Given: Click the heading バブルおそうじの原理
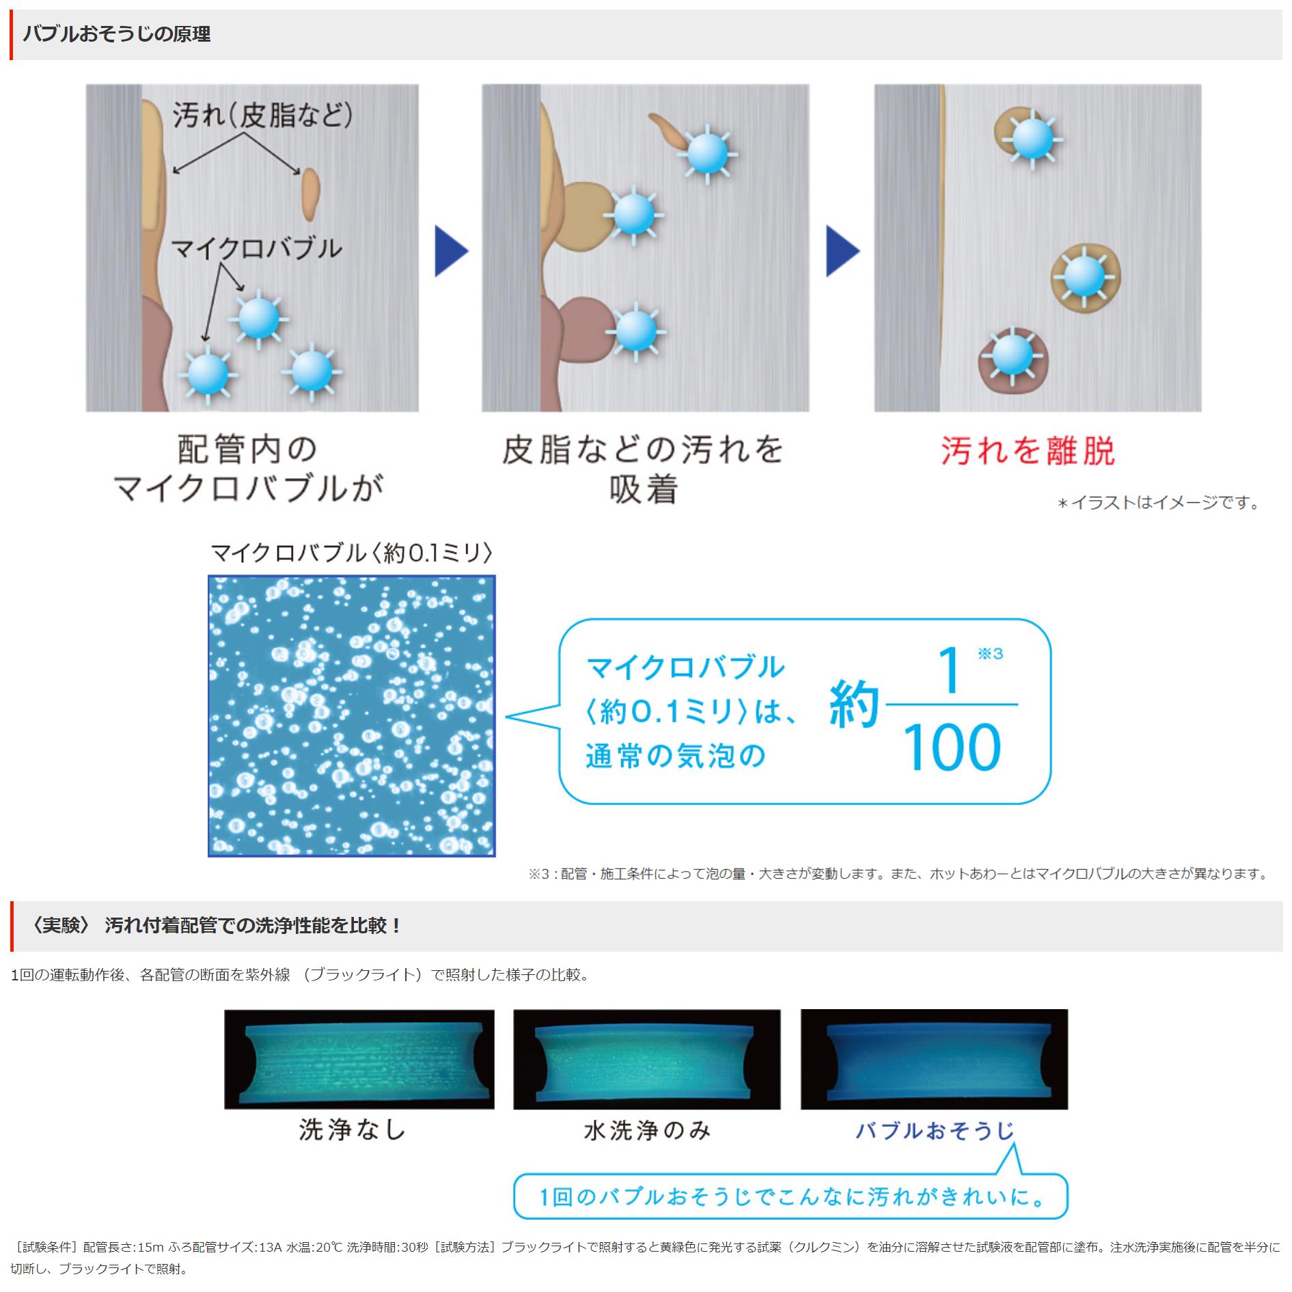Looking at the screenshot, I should (117, 34).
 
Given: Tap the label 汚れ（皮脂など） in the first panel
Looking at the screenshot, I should (262, 115).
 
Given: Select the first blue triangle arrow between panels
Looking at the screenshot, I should (450, 251).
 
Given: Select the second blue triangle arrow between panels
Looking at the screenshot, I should (842, 251).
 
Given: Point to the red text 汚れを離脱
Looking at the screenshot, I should (1028, 451).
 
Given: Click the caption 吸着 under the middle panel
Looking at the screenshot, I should (644, 490).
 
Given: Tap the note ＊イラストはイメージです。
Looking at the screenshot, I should (1159, 503).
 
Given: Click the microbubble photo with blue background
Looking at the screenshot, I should (351, 715).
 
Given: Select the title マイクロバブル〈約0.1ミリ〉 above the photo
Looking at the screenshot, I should (351, 552).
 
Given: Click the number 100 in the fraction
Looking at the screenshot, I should (952, 748).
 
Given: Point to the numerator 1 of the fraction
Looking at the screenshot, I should (949, 670).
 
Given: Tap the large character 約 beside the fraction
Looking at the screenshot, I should (853, 705).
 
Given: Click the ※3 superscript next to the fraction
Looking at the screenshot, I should (990, 654).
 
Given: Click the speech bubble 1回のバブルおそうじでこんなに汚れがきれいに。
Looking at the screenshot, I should (790, 1197).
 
